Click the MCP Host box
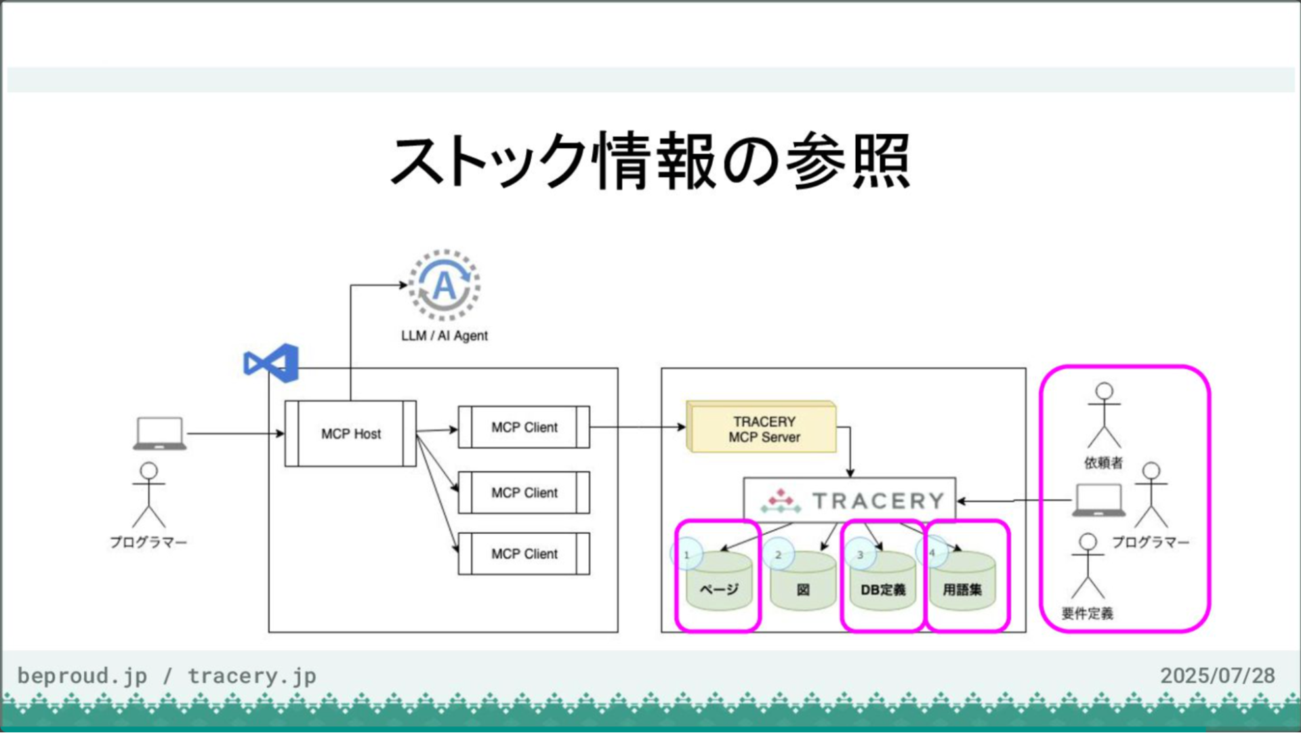click(x=350, y=434)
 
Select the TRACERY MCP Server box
click(x=762, y=428)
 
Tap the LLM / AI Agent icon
click(x=445, y=285)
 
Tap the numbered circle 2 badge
click(x=779, y=554)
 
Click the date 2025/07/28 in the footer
click(x=1217, y=675)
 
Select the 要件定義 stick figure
click(x=1088, y=565)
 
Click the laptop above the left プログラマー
click(x=159, y=433)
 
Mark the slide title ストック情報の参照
click(x=650, y=161)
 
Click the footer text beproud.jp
click(x=82, y=675)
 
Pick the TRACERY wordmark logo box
click(x=850, y=500)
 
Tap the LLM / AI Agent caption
click(x=445, y=335)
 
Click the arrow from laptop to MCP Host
click(x=234, y=434)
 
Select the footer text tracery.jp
click(x=251, y=675)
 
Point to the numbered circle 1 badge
click(x=686, y=554)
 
